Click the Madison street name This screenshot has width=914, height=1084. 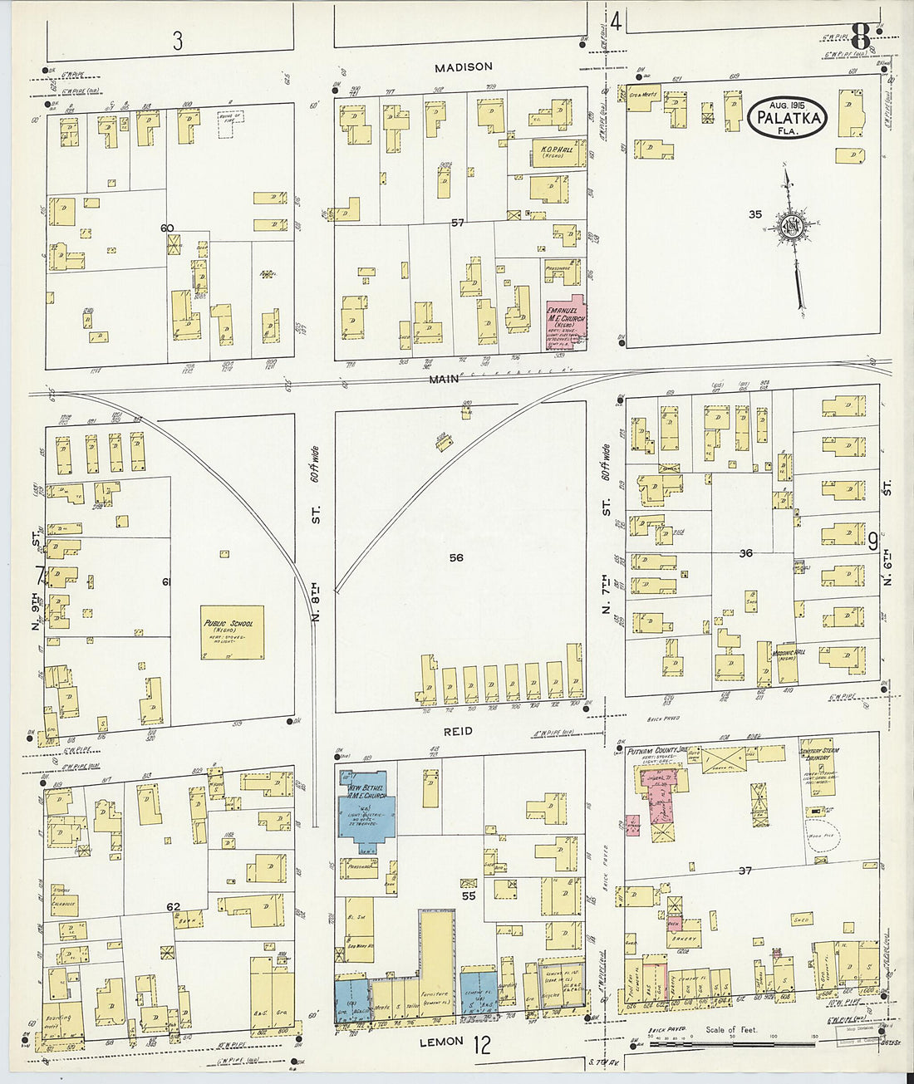click(x=466, y=66)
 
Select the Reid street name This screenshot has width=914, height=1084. click(x=458, y=731)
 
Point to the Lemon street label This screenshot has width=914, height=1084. click(x=440, y=1041)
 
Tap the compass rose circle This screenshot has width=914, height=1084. click(x=790, y=227)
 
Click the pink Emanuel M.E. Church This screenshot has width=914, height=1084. click(x=563, y=321)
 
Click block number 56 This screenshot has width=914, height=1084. click(x=456, y=557)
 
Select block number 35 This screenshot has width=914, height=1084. click(x=754, y=214)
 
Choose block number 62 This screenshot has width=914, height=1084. click(x=173, y=906)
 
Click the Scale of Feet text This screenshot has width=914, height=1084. click(x=731, y=1030)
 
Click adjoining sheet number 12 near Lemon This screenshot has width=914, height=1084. click(x=482, y=1044)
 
